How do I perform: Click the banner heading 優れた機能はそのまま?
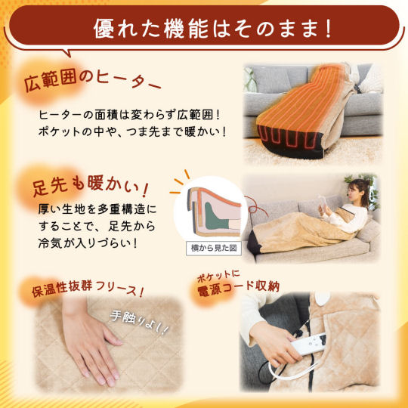point(212,29)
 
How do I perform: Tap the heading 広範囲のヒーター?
point(92,81)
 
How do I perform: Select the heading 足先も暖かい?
point(91,185)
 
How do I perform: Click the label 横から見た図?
point(214,249)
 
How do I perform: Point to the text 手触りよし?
point(139,323)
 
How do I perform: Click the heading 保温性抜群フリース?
point(88,288)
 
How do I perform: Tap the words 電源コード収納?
point(238,288)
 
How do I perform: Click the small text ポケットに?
point(218,276)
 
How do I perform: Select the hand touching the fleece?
point(90,344)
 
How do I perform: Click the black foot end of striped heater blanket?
point(290,142)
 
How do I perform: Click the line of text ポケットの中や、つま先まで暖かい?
point(133,131)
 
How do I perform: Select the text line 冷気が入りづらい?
point(88,243)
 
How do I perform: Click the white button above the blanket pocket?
point(323,298)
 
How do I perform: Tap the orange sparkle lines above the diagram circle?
point(181,181)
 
